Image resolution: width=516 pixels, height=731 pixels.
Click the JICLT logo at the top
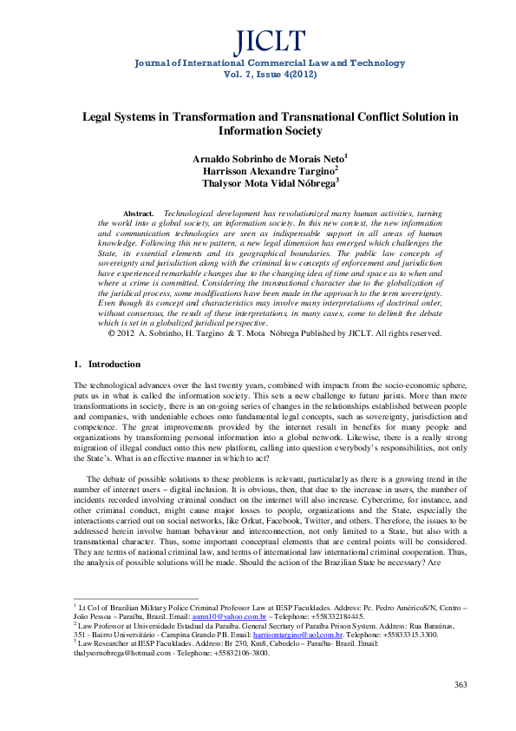pos(258,40)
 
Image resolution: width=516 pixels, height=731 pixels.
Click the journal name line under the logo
pos(258,63)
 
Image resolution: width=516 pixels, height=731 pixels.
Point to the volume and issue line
pos(258,75)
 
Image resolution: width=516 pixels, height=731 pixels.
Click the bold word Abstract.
pos(139,213)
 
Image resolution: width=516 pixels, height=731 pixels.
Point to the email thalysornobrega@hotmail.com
pos(114,654)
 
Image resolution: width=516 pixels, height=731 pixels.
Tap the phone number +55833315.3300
pos(407,635)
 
